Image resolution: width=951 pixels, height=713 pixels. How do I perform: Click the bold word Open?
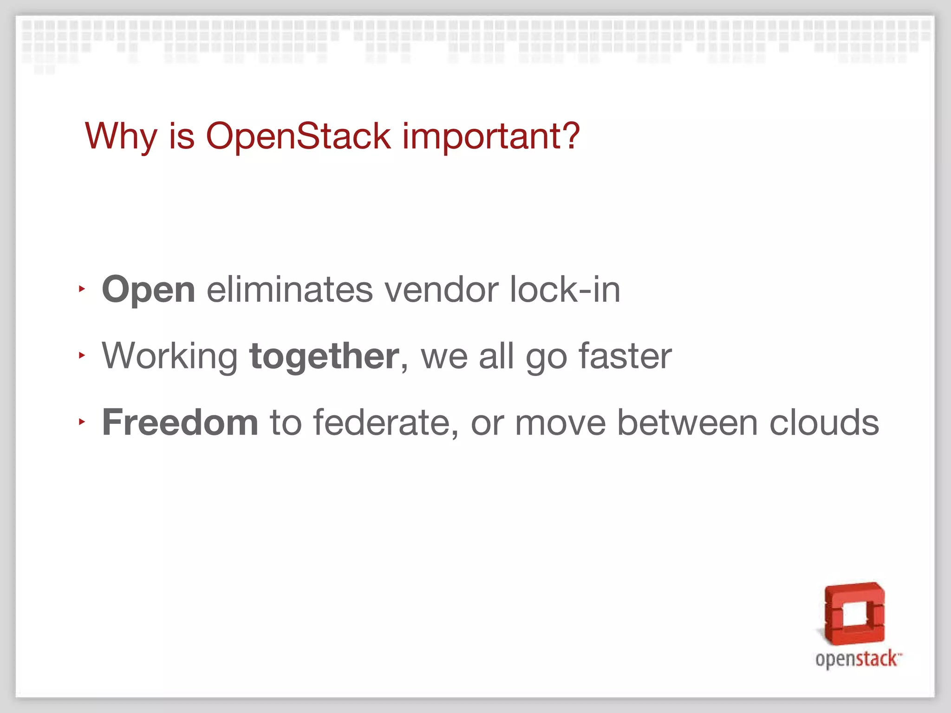coord(148,290)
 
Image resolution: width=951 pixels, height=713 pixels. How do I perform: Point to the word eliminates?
coord(290,289)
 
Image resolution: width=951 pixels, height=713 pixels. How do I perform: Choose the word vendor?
coord(442,289)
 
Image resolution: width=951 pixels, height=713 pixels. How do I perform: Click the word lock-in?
coord(565,289)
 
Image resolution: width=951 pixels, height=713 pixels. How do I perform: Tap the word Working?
coord(169,356)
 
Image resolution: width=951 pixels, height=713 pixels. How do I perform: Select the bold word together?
coord(324,356)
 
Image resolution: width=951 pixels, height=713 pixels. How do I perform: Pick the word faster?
coord(625,356)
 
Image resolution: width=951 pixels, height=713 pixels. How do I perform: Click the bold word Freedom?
coord(180,422)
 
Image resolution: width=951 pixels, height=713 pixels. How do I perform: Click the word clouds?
coord(824,422)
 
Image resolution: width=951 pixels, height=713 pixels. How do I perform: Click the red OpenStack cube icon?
coord(854,614)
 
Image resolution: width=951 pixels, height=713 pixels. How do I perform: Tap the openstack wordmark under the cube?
coord(857,659)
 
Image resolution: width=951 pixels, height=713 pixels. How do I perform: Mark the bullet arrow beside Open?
coord(82,289)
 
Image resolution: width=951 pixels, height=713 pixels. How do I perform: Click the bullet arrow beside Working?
coord(82,356)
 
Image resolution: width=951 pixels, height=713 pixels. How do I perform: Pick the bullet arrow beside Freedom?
coord(82,422)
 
